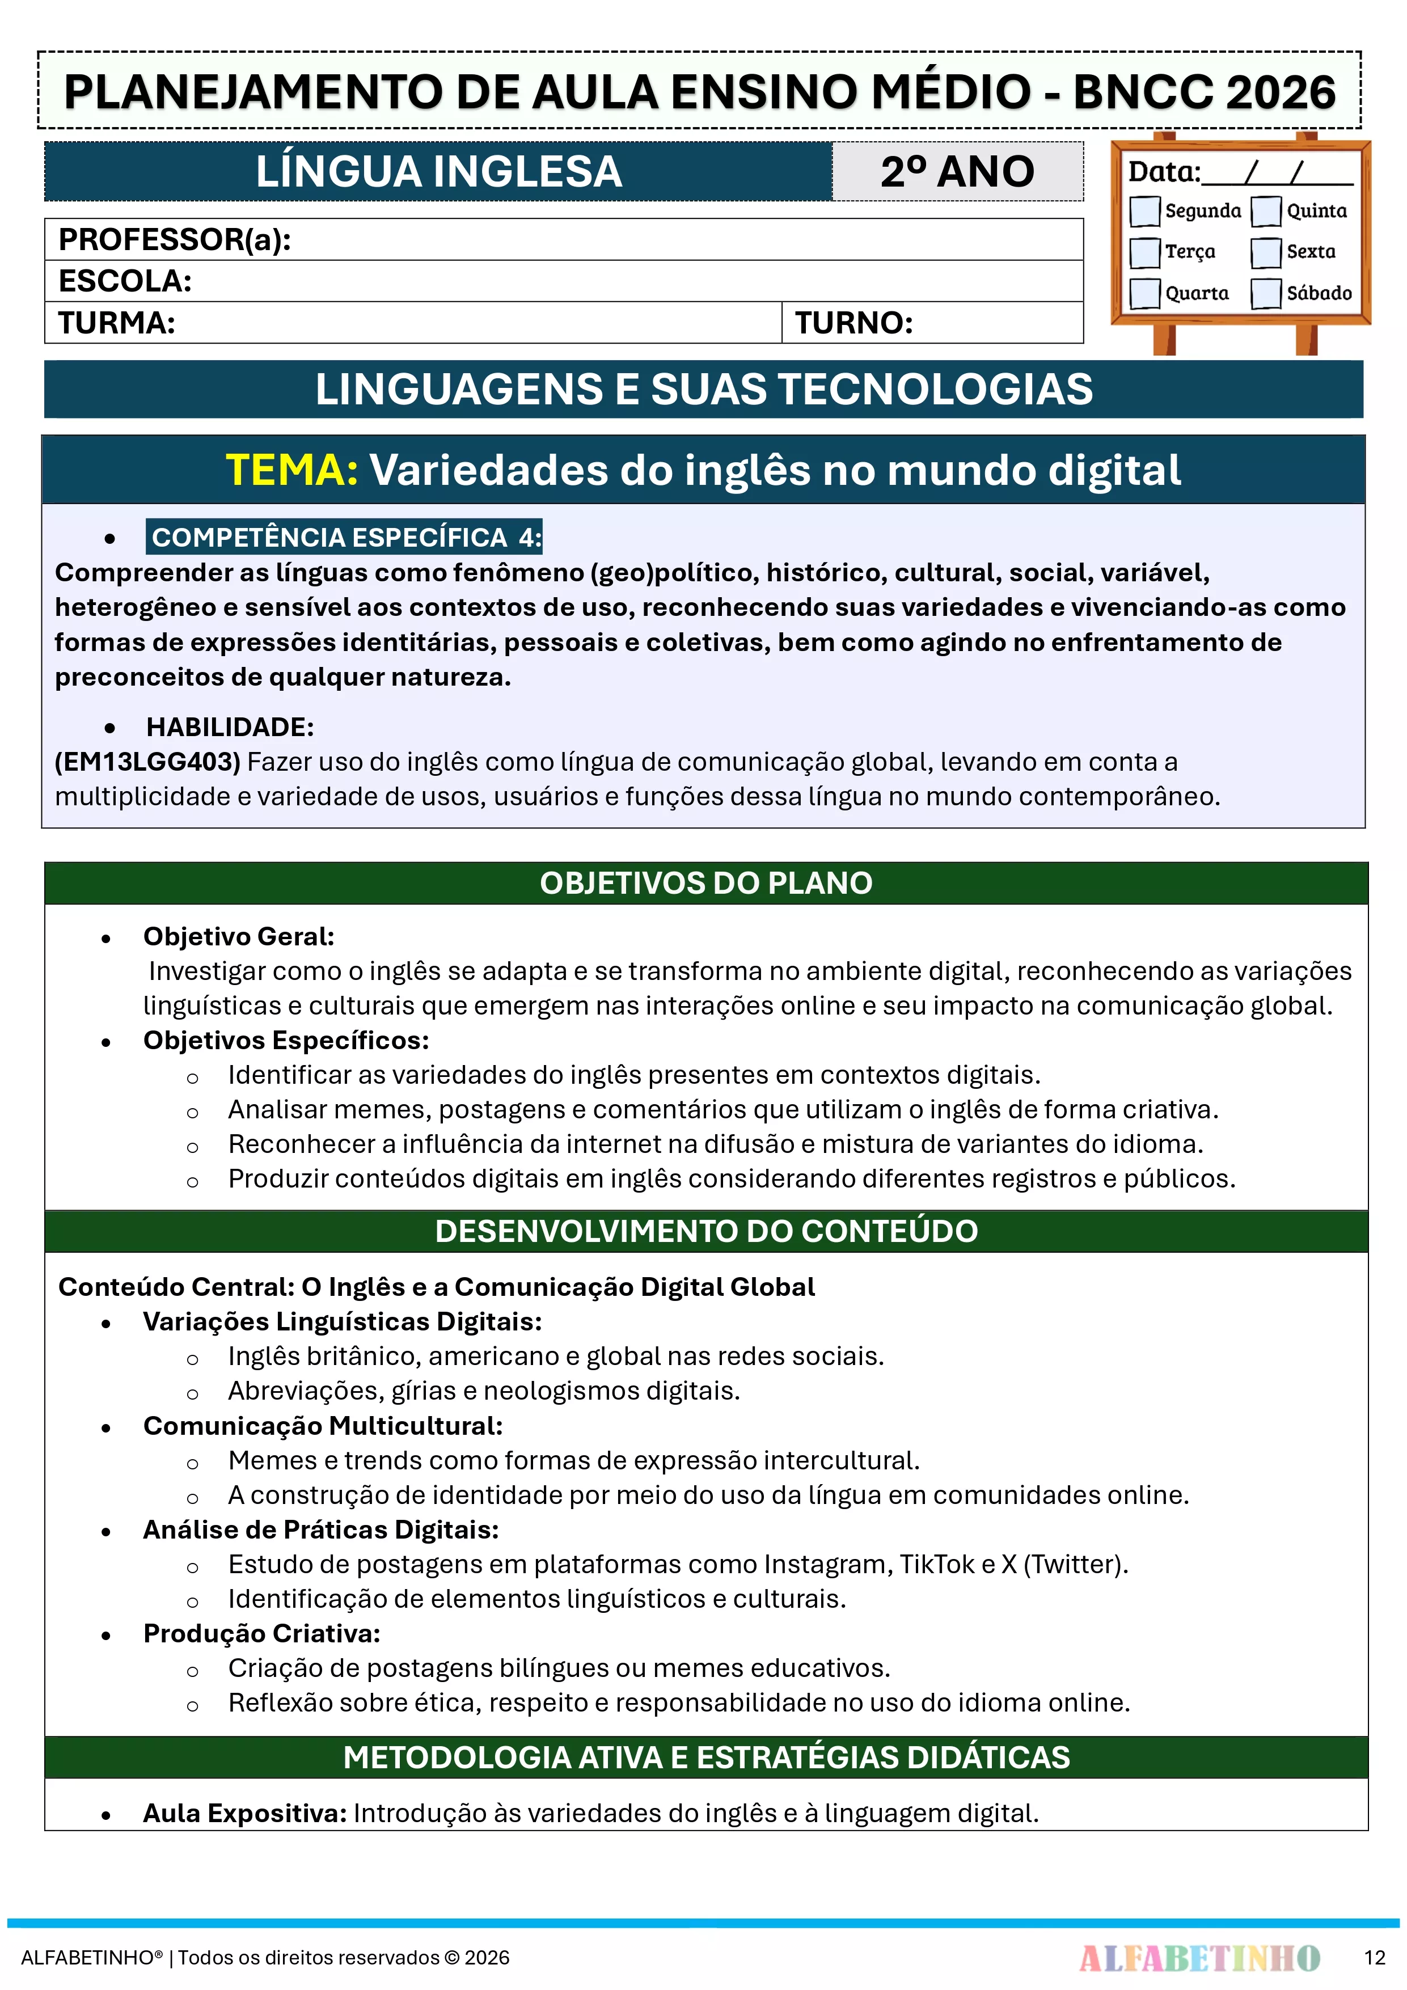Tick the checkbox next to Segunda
click(x=1144, y=210)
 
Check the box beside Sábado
click(x=1266, y=293)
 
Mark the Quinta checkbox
click(x=1266, y=210)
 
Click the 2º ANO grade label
click(x=957, y=172)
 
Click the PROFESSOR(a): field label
click(x=174, y=239)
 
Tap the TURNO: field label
click(x=854, y=323)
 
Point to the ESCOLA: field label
click(x=125, y=281)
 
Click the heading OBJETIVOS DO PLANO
click(x=705, y=883)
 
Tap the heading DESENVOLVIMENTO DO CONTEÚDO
click(x=705, y=1231)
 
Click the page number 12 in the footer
click(x=1374, y=1957)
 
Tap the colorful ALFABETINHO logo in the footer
click(x=1199, y=1957)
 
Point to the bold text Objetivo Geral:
click(x=238, y=936)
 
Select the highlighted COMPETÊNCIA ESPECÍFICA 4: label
click(x=345, y=538)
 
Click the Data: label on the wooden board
click(x=1163, y=172)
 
